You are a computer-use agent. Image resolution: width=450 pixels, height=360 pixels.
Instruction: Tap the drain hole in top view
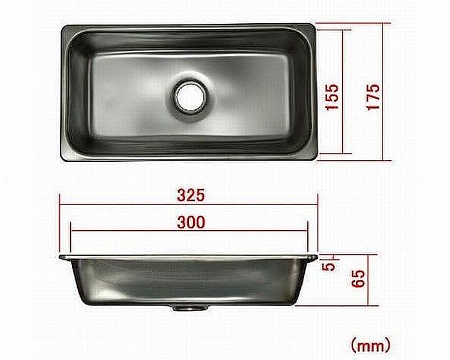tap(190, 96)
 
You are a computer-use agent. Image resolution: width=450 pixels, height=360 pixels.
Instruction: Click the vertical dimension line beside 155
tap(346, 92)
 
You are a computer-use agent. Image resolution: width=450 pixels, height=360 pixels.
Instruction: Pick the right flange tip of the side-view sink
tap(317, 257)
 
